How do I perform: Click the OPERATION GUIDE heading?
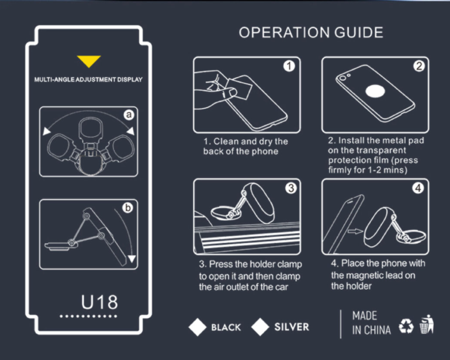[310, 32]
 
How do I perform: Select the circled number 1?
[290, 66]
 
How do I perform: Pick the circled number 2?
[418, 66]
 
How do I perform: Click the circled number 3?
[291, 188]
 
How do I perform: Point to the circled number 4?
[418, 188]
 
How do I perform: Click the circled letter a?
[129, 115]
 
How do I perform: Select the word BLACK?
[226, 327]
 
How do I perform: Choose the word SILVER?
[291, 327]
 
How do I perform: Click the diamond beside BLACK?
[198, 327]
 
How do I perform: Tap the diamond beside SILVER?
[260, 327]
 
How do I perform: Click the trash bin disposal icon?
[426, 324]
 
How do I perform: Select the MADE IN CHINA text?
[371, 323]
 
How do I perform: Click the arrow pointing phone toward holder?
[356, 232]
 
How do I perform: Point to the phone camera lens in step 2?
[344, 76]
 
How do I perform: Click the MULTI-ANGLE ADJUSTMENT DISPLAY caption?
[88, 79]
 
